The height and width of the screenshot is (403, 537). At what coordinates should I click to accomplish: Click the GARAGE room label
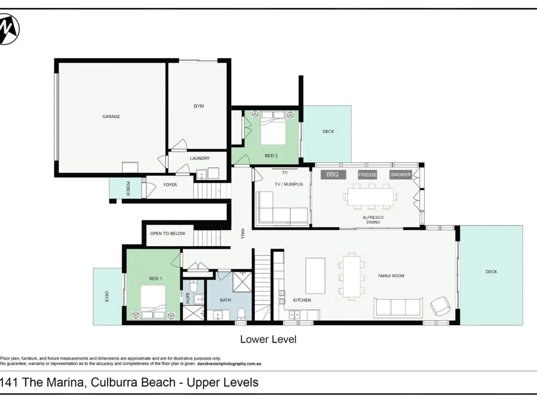point(111,116)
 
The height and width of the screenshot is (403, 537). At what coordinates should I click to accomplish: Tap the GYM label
point(199,106)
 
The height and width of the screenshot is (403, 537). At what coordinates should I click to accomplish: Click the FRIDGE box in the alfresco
point(368,174)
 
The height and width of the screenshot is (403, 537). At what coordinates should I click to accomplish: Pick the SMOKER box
point(401,174)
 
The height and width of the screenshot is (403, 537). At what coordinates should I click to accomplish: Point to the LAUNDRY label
point(200,158)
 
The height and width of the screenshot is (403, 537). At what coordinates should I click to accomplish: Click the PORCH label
point(127,188)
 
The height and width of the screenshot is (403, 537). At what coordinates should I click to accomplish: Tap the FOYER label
point(170,185)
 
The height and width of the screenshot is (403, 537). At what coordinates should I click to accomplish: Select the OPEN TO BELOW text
point(167,234)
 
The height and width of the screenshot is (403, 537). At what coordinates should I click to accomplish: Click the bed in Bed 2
point(273,128)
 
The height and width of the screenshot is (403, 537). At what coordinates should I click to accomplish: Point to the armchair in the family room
point(441,306)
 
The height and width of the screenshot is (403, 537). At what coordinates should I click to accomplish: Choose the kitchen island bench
point(315,276)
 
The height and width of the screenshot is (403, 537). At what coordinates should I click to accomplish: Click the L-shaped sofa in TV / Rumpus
point(282,208)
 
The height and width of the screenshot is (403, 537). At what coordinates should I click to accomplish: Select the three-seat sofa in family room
point(398,306)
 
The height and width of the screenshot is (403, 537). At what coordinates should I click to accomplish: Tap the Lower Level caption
point(268,340)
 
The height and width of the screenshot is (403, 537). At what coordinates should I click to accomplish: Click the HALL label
point(243,234)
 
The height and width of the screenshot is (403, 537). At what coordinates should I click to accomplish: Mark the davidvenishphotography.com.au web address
point(229,364)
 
